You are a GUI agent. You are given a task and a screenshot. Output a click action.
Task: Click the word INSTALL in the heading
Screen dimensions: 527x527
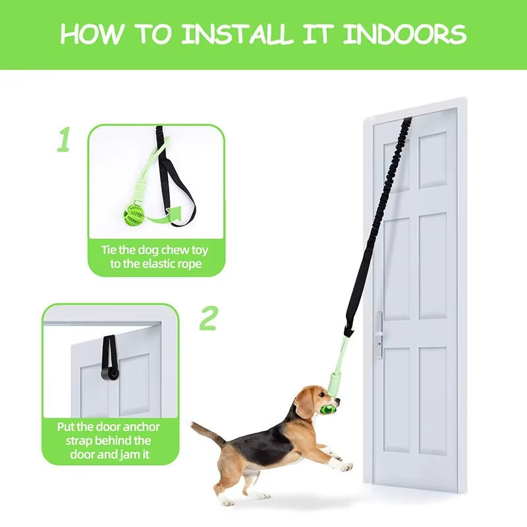click(238, 34)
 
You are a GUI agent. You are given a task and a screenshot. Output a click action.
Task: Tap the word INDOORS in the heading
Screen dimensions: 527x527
click(404, 34)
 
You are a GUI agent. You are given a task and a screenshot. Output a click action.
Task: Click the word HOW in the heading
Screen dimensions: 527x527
click(91, 34)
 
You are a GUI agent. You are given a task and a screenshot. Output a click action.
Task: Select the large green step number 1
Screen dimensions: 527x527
click(63, 139)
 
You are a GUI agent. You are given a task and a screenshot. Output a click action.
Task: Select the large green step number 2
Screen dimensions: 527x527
click(209, 318)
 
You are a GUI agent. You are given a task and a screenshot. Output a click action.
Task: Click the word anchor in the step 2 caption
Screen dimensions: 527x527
click(141, 427)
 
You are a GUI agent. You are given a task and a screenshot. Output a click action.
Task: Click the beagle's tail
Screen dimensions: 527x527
click(208, 433)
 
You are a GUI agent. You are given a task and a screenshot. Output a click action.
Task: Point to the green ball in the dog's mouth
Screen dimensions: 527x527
click(327, 408)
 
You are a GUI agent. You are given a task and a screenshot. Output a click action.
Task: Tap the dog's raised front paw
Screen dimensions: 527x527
click(345, 467)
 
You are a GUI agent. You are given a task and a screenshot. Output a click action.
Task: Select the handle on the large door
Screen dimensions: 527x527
click(379, 335)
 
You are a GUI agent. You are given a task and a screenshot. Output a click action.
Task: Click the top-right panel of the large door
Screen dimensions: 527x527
click(433, 160)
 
